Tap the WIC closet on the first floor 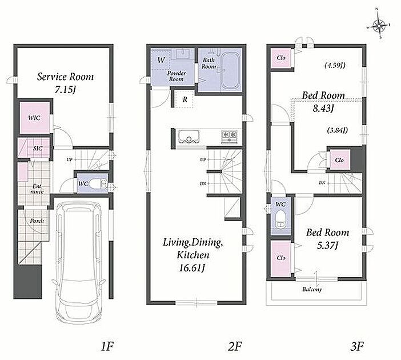coord(35,118)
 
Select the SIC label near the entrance coord(38,148)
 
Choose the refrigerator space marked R coord(185,99)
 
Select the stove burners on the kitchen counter coord(230,136)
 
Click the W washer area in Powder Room coord(161,60)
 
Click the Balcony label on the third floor coord(312,289)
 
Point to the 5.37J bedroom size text coord(328,246)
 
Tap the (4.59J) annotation coord(335,65)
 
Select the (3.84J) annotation coord(338,130)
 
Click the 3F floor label coord(357,346)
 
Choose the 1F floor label coord(107,346)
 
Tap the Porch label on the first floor coord(37,221)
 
